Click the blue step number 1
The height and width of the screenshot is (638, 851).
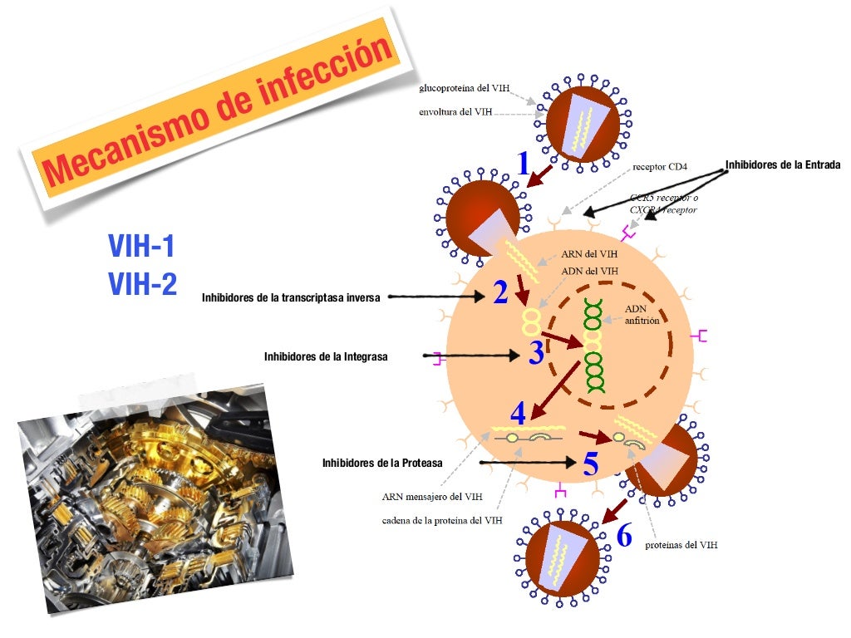click(522, 163)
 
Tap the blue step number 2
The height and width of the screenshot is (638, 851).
click(500, 292)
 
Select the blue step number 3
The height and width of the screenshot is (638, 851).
click(536, 354)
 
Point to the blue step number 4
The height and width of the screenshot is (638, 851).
click(518, 413)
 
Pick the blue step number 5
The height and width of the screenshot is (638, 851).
click(591, 464)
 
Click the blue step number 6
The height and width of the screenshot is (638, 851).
click(624, 536)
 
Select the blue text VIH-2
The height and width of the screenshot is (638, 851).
click(143, 285)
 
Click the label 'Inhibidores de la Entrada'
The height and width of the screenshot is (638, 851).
click(783, 165)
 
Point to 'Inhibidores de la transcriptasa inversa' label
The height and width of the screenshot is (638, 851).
click(291, 297)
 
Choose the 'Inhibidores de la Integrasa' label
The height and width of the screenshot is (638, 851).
click(326, 356)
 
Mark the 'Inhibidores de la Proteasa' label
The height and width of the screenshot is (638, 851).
click(382, 463)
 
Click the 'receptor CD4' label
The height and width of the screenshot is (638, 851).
click(660, 167)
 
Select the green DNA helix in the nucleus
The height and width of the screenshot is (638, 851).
click(593, 345)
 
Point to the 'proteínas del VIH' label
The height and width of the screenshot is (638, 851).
click(681, 546)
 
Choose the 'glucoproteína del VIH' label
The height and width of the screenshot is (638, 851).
click(465, 88)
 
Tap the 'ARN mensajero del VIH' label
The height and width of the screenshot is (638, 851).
click(432, 498)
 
